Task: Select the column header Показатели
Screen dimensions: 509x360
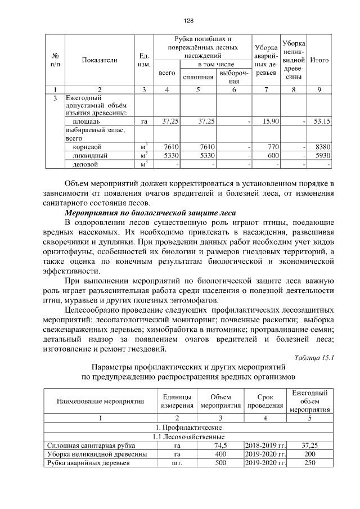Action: tap(99, 60)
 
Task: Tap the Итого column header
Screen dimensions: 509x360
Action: tap(319, 60)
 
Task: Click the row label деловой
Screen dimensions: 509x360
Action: tap(86, 164)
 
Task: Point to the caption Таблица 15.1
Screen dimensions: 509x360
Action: tap(314, 357)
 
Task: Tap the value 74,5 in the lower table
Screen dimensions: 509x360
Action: tap(220, 445)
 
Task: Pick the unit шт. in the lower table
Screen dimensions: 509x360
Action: tap(177, 463)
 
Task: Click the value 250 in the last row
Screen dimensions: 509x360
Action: tap(309, 463)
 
